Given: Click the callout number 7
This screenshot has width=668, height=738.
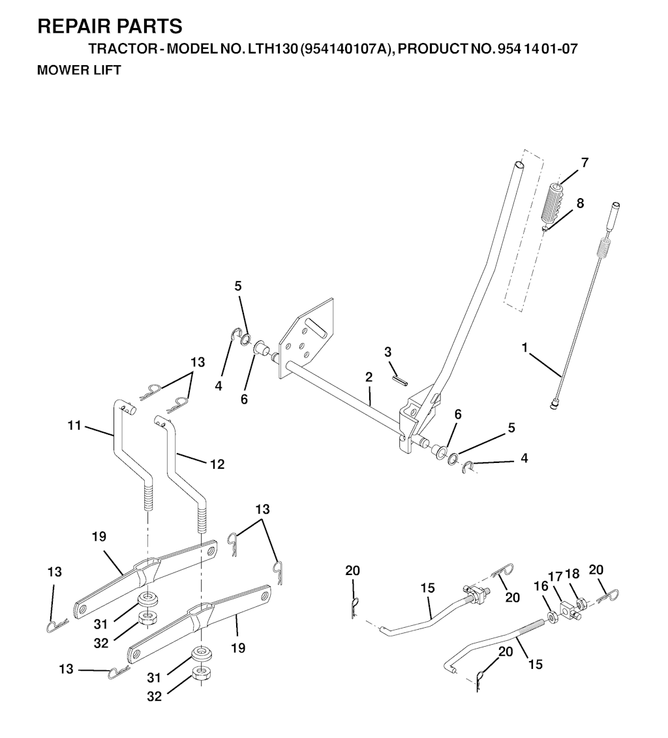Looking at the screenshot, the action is click(584, 163).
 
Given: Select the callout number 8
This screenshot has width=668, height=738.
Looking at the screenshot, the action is click(580, 203).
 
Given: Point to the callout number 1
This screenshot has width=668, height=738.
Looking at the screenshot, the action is click(524, 348).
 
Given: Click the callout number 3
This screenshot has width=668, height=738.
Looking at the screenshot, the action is click(387, 352).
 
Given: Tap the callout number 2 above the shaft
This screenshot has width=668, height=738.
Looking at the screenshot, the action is click(369, 377).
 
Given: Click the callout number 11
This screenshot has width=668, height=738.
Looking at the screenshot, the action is click(74, 426).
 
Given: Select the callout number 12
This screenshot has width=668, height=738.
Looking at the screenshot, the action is click(217, 465).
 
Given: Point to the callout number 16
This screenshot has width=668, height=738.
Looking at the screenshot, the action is click(541, 586).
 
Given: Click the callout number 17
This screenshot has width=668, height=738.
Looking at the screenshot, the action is click(555, 576).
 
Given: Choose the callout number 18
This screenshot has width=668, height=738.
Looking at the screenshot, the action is click(572, 574).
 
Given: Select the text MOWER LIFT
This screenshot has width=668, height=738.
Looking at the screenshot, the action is click(79, 70).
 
